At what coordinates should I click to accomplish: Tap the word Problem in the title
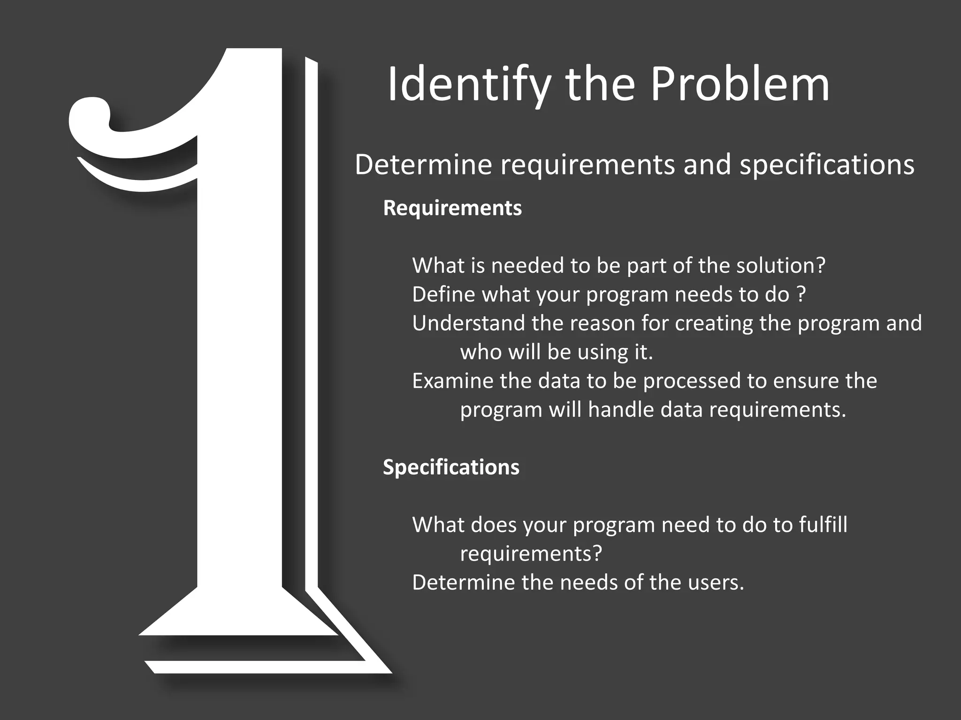[x=740, y=85]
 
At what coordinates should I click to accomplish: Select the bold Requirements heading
[x=452, y=208]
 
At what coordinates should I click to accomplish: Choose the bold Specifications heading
[x=451, y=467]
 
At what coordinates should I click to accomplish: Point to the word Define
[x=443, y=295]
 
